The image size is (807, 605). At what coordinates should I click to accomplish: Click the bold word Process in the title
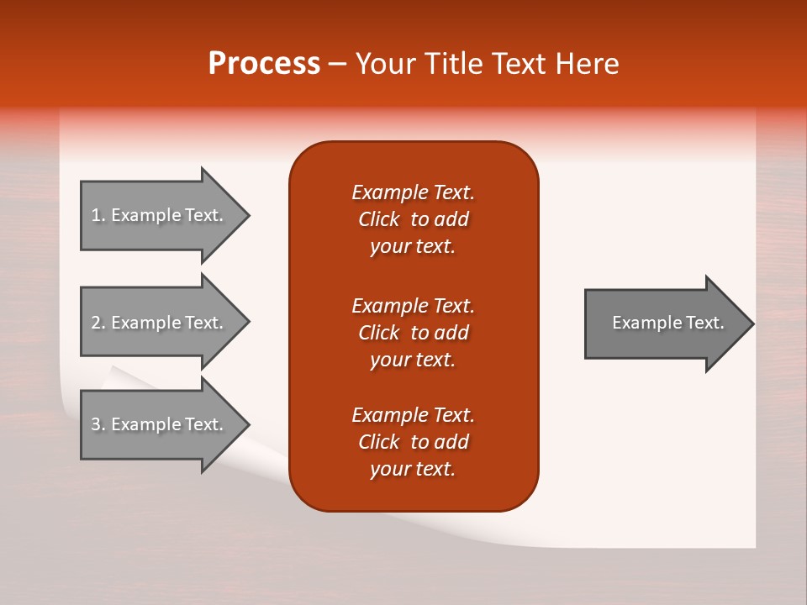(264, 64)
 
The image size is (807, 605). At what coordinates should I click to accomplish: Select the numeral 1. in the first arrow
(98, 215)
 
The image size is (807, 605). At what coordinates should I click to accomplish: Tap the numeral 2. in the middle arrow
(98, 323)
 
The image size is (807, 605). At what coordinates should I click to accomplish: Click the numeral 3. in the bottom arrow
(98, 424)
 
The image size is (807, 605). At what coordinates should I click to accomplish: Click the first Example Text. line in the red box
(413, 192)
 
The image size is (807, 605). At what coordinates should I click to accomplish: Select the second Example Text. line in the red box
(413, 305)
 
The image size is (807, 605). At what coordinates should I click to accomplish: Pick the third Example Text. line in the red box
(413, 415)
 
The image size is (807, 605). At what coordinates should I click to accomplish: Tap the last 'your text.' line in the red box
(413, 469)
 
